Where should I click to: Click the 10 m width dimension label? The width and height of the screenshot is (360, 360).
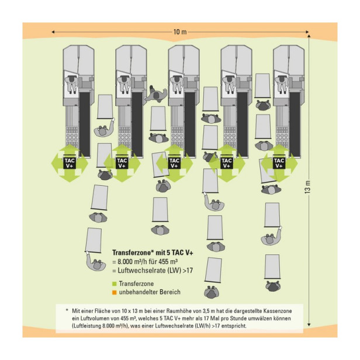click(180, 32)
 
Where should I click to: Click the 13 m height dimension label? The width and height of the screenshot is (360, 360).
click(307, 186)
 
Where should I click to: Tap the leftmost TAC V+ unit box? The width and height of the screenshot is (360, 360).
click(70, 163)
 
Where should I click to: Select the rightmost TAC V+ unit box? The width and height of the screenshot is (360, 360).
click(279, 163)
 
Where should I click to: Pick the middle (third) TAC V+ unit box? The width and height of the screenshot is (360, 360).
click(174, 163)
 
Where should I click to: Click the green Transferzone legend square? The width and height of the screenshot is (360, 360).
click(115, 284)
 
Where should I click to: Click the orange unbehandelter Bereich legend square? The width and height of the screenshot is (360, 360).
click(115, 292)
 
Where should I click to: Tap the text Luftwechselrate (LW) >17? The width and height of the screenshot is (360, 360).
click(155, 271)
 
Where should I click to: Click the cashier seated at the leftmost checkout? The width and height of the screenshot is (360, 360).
click(71, 84)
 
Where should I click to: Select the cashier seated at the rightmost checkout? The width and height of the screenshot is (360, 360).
click(282, 84)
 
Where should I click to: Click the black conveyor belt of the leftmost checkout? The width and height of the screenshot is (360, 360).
click(85, 124)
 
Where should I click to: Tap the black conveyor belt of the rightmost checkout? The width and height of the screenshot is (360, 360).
click(295, 124)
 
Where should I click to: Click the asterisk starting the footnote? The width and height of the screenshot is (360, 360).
click(67, 310)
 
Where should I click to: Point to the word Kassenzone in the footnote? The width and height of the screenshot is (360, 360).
click(278, 311)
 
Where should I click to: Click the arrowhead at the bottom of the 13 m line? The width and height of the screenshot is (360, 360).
click(309, 325)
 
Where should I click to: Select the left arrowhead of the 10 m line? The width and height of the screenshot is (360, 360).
click(53, 32)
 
